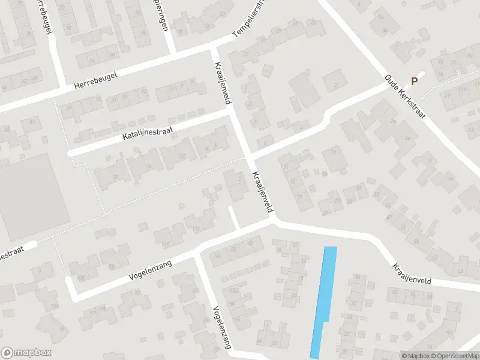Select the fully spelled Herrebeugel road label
point(95,81)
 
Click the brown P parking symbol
point(413,82)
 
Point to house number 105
point(110,266)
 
